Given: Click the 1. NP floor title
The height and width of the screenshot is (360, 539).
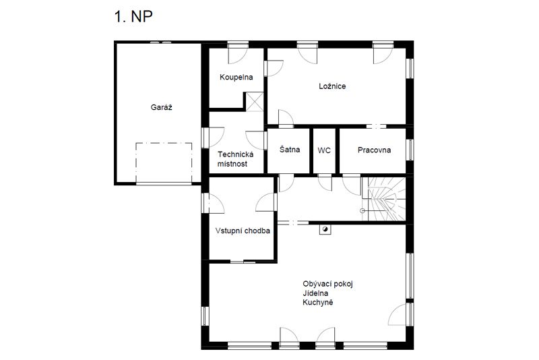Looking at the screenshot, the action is [x=133, y=16].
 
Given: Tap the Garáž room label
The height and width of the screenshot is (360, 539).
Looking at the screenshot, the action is [x=161, y=107].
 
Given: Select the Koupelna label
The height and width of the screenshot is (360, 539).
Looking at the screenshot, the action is [x=236, y=78].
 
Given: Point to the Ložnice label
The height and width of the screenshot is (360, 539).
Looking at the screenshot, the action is [x=332, y=86].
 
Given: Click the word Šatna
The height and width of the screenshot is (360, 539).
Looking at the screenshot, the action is [x=290, y=150].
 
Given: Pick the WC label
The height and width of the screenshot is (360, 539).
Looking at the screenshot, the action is [x=324, y=150].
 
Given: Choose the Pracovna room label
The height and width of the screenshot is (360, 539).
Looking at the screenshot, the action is [x=374, y=150].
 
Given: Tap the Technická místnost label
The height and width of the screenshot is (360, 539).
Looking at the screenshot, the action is [x=235, y=159].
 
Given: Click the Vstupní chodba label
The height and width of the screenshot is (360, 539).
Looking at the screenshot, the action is [x=243, y=231].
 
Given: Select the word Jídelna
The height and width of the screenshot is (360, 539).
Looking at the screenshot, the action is [x=315, y=293].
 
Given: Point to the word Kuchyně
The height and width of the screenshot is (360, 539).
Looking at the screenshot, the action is [x=317, y=303].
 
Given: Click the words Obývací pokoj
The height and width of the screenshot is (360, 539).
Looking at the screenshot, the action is [x=327, y=284].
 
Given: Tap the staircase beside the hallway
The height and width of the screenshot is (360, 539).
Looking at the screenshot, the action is [x=383, y=199].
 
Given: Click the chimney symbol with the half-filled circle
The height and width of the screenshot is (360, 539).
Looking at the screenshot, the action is [x=325, y=229].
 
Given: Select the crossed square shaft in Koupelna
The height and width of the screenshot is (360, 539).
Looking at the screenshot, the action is [x=255, y=102].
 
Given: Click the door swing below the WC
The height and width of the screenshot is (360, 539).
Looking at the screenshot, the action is [x=325, y=182].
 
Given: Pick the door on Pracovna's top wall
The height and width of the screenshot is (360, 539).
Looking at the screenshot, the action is [x=376, y=127].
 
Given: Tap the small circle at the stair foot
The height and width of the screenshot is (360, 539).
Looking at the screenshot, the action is [x=362, y=211].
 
